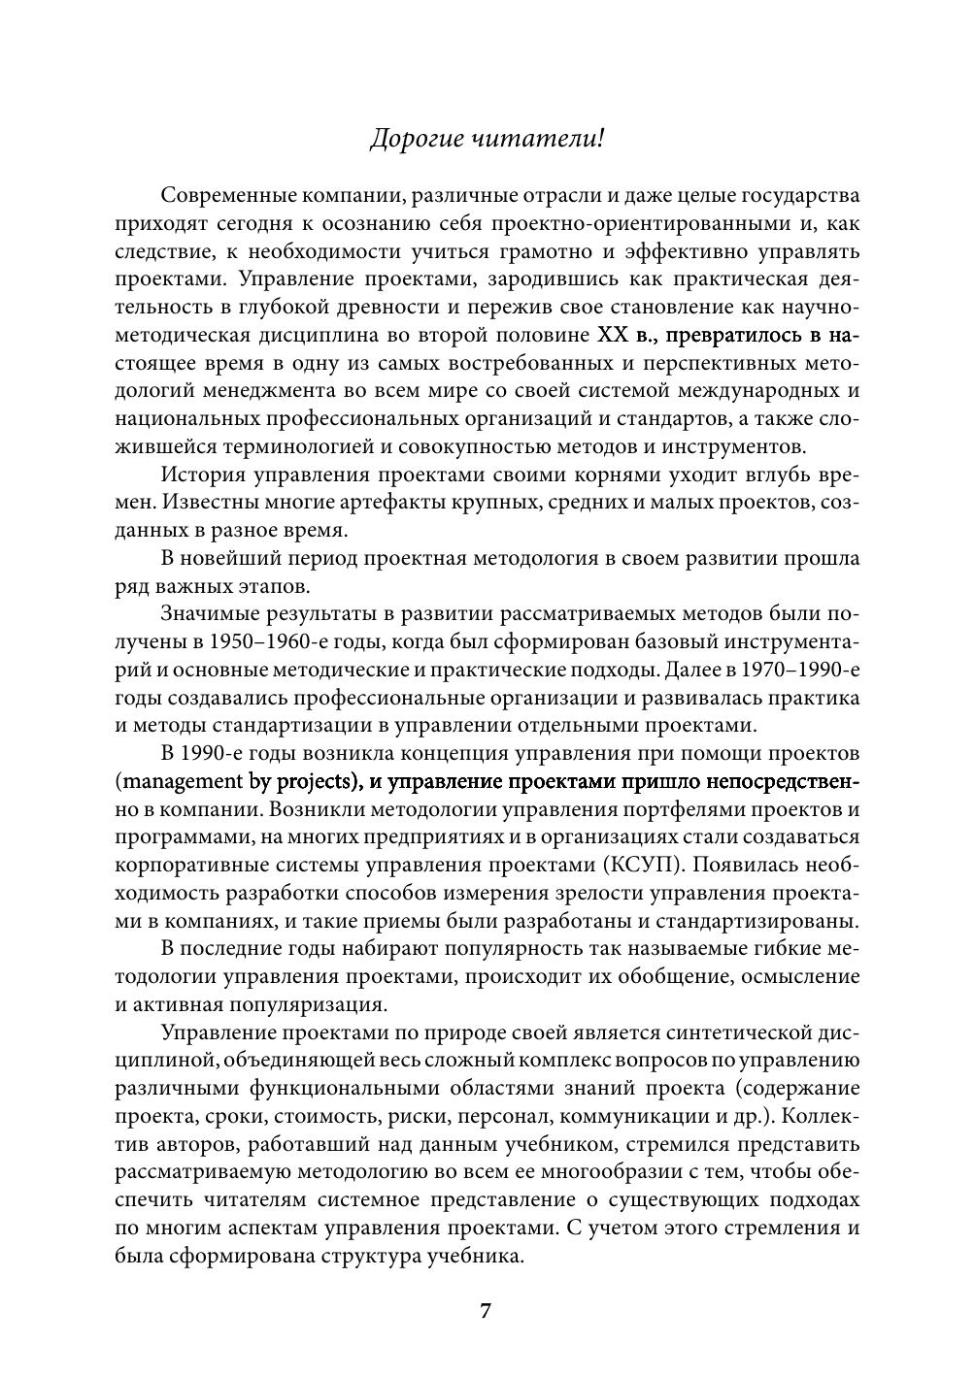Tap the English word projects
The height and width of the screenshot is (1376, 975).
[x=306, y=782]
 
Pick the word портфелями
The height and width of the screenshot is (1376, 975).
[x=677, y=810]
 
